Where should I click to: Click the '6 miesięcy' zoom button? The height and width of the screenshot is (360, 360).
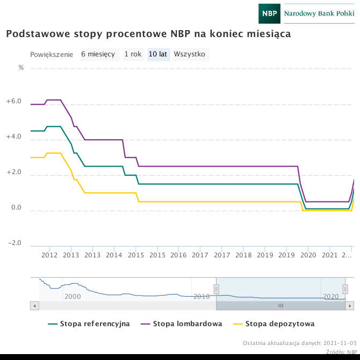coord(98,54)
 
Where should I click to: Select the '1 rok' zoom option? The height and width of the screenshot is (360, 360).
coord(133,54)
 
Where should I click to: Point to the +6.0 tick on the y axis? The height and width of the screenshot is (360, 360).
coord(13,102)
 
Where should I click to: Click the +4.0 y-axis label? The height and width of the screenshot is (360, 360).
coord(13,137)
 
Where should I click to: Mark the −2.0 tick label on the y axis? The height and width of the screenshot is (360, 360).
coord(13,243)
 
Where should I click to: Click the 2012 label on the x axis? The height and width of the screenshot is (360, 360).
coord(49,255)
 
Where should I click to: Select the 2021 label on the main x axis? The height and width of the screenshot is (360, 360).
coord(329,255)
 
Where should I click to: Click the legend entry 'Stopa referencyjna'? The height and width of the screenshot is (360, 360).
coord(89,324)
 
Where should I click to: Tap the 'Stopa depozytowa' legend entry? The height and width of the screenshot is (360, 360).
coord(275,324)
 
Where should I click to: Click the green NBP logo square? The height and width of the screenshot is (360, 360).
coord(269,13)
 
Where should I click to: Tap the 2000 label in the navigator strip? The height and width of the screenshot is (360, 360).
coord(73,297)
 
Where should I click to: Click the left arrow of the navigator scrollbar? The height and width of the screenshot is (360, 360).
coord(35,306)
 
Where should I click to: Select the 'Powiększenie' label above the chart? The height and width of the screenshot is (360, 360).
coord(52,55)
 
